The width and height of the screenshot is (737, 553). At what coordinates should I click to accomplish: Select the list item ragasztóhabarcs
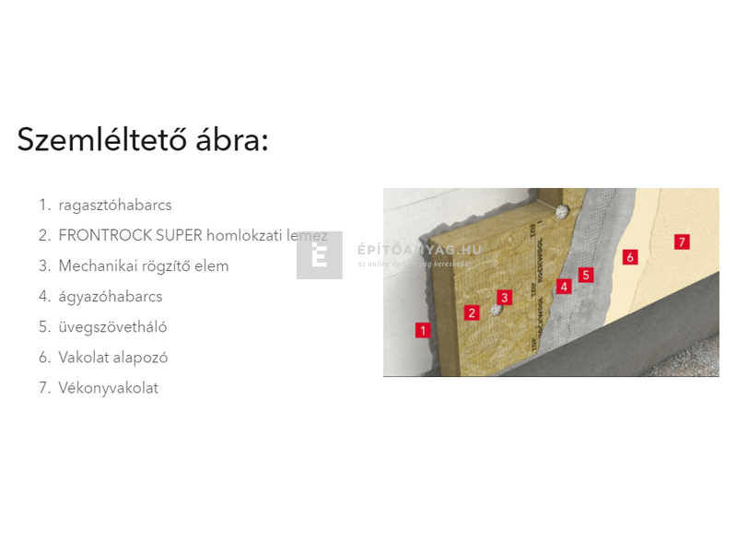click(x=115, y=206)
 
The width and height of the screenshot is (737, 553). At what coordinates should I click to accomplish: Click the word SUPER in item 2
click(x=175, y=236)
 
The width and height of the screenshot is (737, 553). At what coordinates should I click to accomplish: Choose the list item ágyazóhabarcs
click(x=111, y=297)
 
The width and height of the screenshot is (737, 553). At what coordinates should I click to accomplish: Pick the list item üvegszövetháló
click(x=112, y=327)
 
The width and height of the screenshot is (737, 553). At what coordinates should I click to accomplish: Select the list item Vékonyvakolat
click(x=108, y=388)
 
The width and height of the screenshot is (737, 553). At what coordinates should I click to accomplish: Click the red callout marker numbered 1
click(x=423, y=330)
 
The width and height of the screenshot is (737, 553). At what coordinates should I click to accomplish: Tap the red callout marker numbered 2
click(x=473, y=312)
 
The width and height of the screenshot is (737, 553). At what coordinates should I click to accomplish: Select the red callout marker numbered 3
click(x=504, y=297)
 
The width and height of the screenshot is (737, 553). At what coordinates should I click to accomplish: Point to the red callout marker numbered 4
click(x=565, y=287)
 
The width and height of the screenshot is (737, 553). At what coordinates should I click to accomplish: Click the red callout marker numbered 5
click(x=586, y=275)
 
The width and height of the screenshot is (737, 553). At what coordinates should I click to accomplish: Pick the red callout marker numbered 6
click(x=630, y=257)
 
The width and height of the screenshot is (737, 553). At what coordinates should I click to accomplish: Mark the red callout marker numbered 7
click(x=682, y=242)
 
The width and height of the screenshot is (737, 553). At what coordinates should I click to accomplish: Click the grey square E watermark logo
click(x=320, y=255)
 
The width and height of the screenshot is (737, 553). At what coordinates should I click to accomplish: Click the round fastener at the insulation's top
click(x=561, y=211)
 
